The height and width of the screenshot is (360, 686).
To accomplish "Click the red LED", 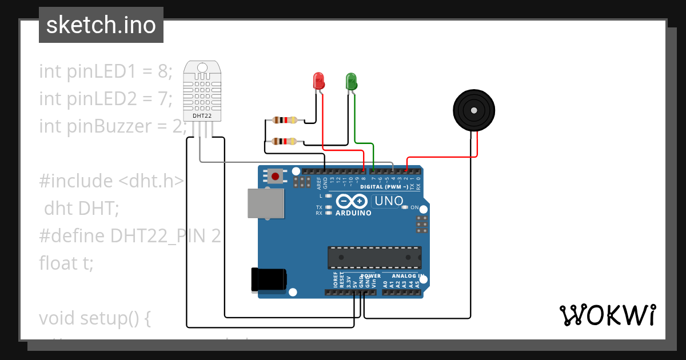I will click(319, 80).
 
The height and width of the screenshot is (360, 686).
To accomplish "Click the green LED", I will click(351, 80).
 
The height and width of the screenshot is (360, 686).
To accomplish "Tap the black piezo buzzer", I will click(474, 109).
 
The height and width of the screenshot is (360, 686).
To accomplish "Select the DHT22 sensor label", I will click(202, 115).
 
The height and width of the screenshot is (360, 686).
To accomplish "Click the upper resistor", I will click(285, 120).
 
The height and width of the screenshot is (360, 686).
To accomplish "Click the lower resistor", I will click(285, 142).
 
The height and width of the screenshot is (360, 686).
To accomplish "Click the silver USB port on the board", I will click(266, 203).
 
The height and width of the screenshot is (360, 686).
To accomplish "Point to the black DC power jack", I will click(268, 279).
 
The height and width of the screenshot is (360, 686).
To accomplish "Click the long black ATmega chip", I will click(374, 258).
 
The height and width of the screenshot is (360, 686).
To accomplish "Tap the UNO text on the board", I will click(389, 201).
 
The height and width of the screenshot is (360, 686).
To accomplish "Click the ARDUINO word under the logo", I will click(353, 213).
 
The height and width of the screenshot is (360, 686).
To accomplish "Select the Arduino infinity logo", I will click(352, 201).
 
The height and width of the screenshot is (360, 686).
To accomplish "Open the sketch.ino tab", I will click(101, 25).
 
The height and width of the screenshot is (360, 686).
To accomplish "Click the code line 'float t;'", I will click(66, 263).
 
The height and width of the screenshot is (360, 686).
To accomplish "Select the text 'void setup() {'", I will click(94, 318).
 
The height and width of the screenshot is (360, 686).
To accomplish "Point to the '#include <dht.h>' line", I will click(111, 181).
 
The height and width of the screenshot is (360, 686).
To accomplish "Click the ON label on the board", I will click(414, 207).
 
